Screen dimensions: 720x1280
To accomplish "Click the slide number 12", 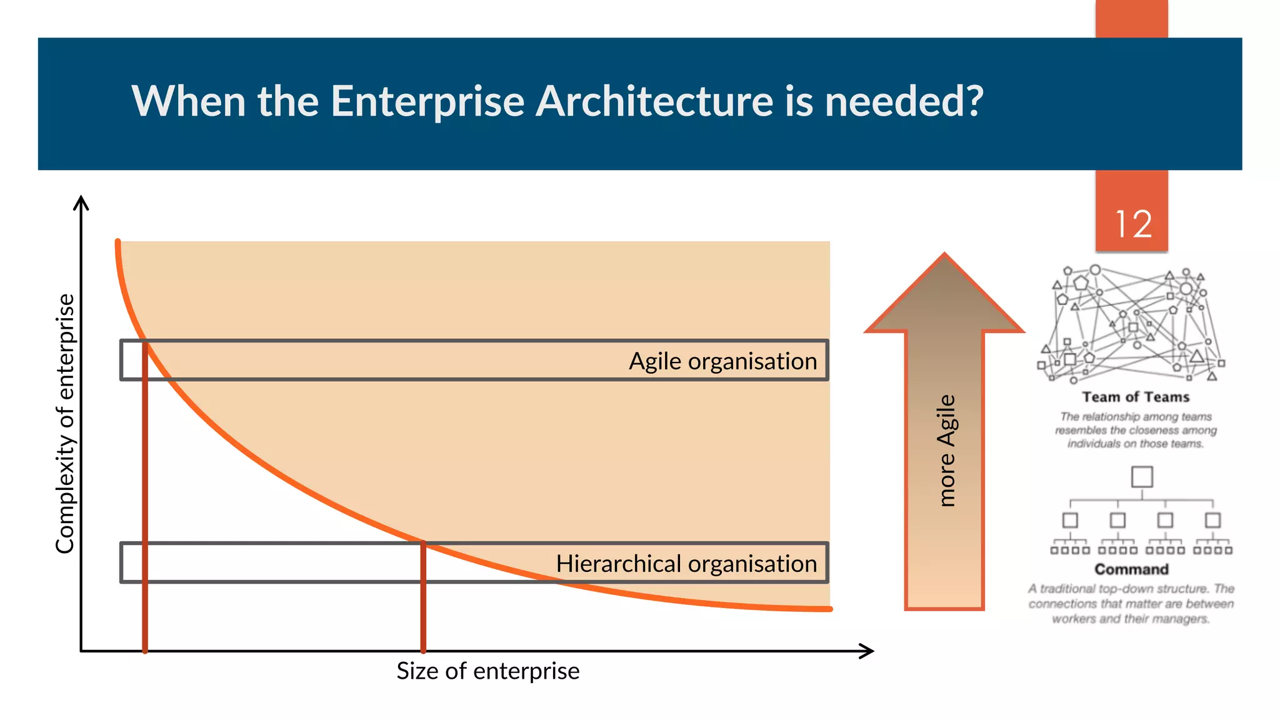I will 1133,224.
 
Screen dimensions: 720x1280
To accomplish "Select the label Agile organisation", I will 722,361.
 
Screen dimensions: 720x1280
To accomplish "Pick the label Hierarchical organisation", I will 686,564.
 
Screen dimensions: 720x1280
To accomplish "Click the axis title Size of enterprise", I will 487,671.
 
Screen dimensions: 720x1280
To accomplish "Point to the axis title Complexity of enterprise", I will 65,424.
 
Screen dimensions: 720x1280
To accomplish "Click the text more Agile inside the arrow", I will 946,450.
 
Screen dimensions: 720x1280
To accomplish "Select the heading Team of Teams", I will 1136,397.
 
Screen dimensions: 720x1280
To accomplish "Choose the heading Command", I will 1131,569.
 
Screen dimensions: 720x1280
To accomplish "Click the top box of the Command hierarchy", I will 1142,477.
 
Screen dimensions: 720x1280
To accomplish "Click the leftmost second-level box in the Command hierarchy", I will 1070,520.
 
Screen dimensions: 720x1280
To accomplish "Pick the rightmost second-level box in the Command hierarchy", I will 1213,520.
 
